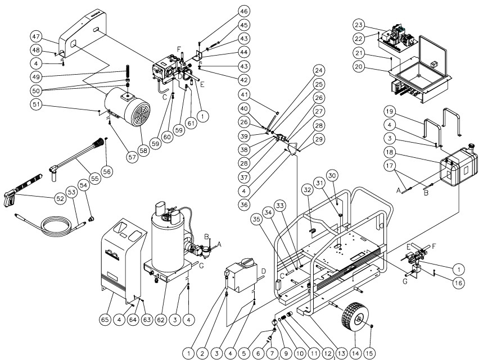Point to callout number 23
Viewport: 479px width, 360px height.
[359, 25]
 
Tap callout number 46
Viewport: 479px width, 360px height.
[243, 11]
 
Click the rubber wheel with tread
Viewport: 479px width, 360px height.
[353, 320]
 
